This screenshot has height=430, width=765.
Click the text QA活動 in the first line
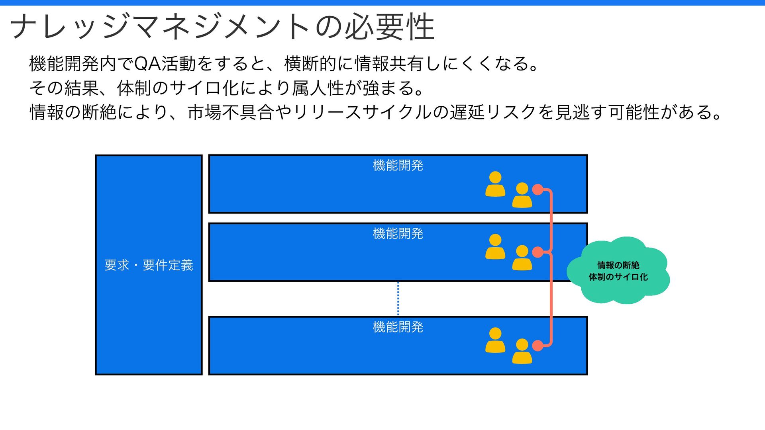click(x=164, y=64)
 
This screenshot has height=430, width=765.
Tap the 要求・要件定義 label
click(x=149, y=265)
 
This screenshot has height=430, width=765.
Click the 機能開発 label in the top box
click(x=398, y=165)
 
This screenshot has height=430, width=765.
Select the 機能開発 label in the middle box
click(x=398, y=234)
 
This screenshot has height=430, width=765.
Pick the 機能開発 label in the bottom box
click(x=398, y=327)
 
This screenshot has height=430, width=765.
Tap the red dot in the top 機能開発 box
click(x=537, y=190)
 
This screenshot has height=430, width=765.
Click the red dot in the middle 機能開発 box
click(x=537, y=252)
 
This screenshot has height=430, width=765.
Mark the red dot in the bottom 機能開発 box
click(x=537, y=346)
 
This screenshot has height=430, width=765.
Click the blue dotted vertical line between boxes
click(x=398, y=299)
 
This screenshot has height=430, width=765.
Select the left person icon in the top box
click(x=495, y=184)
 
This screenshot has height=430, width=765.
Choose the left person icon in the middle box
click(x=495, y=246)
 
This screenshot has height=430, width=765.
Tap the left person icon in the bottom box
click(x=495, y=340)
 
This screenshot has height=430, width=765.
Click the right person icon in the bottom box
click(x=522, y=351)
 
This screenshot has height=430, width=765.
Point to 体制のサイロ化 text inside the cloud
click(x=618, y=277)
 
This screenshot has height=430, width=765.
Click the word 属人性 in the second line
click(x=318, y=88)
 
